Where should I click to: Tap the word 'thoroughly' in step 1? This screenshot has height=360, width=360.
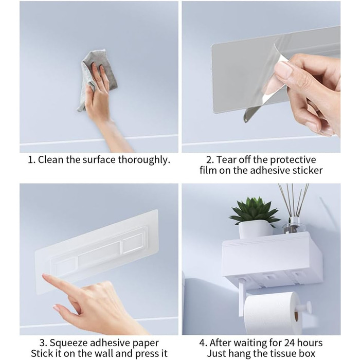point(144,160)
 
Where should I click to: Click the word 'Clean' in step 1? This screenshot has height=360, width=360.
point(50,159)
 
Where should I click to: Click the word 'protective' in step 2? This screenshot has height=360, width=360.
point(290,160)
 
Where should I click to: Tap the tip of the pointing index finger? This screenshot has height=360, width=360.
point(44,275)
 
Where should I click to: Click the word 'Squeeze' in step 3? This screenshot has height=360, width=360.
point(69,343)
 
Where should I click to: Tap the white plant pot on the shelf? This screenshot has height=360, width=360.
point(255,229)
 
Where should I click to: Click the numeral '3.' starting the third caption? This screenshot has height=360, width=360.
point(43,343)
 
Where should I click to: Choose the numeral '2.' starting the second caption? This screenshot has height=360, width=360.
point(210,160)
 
